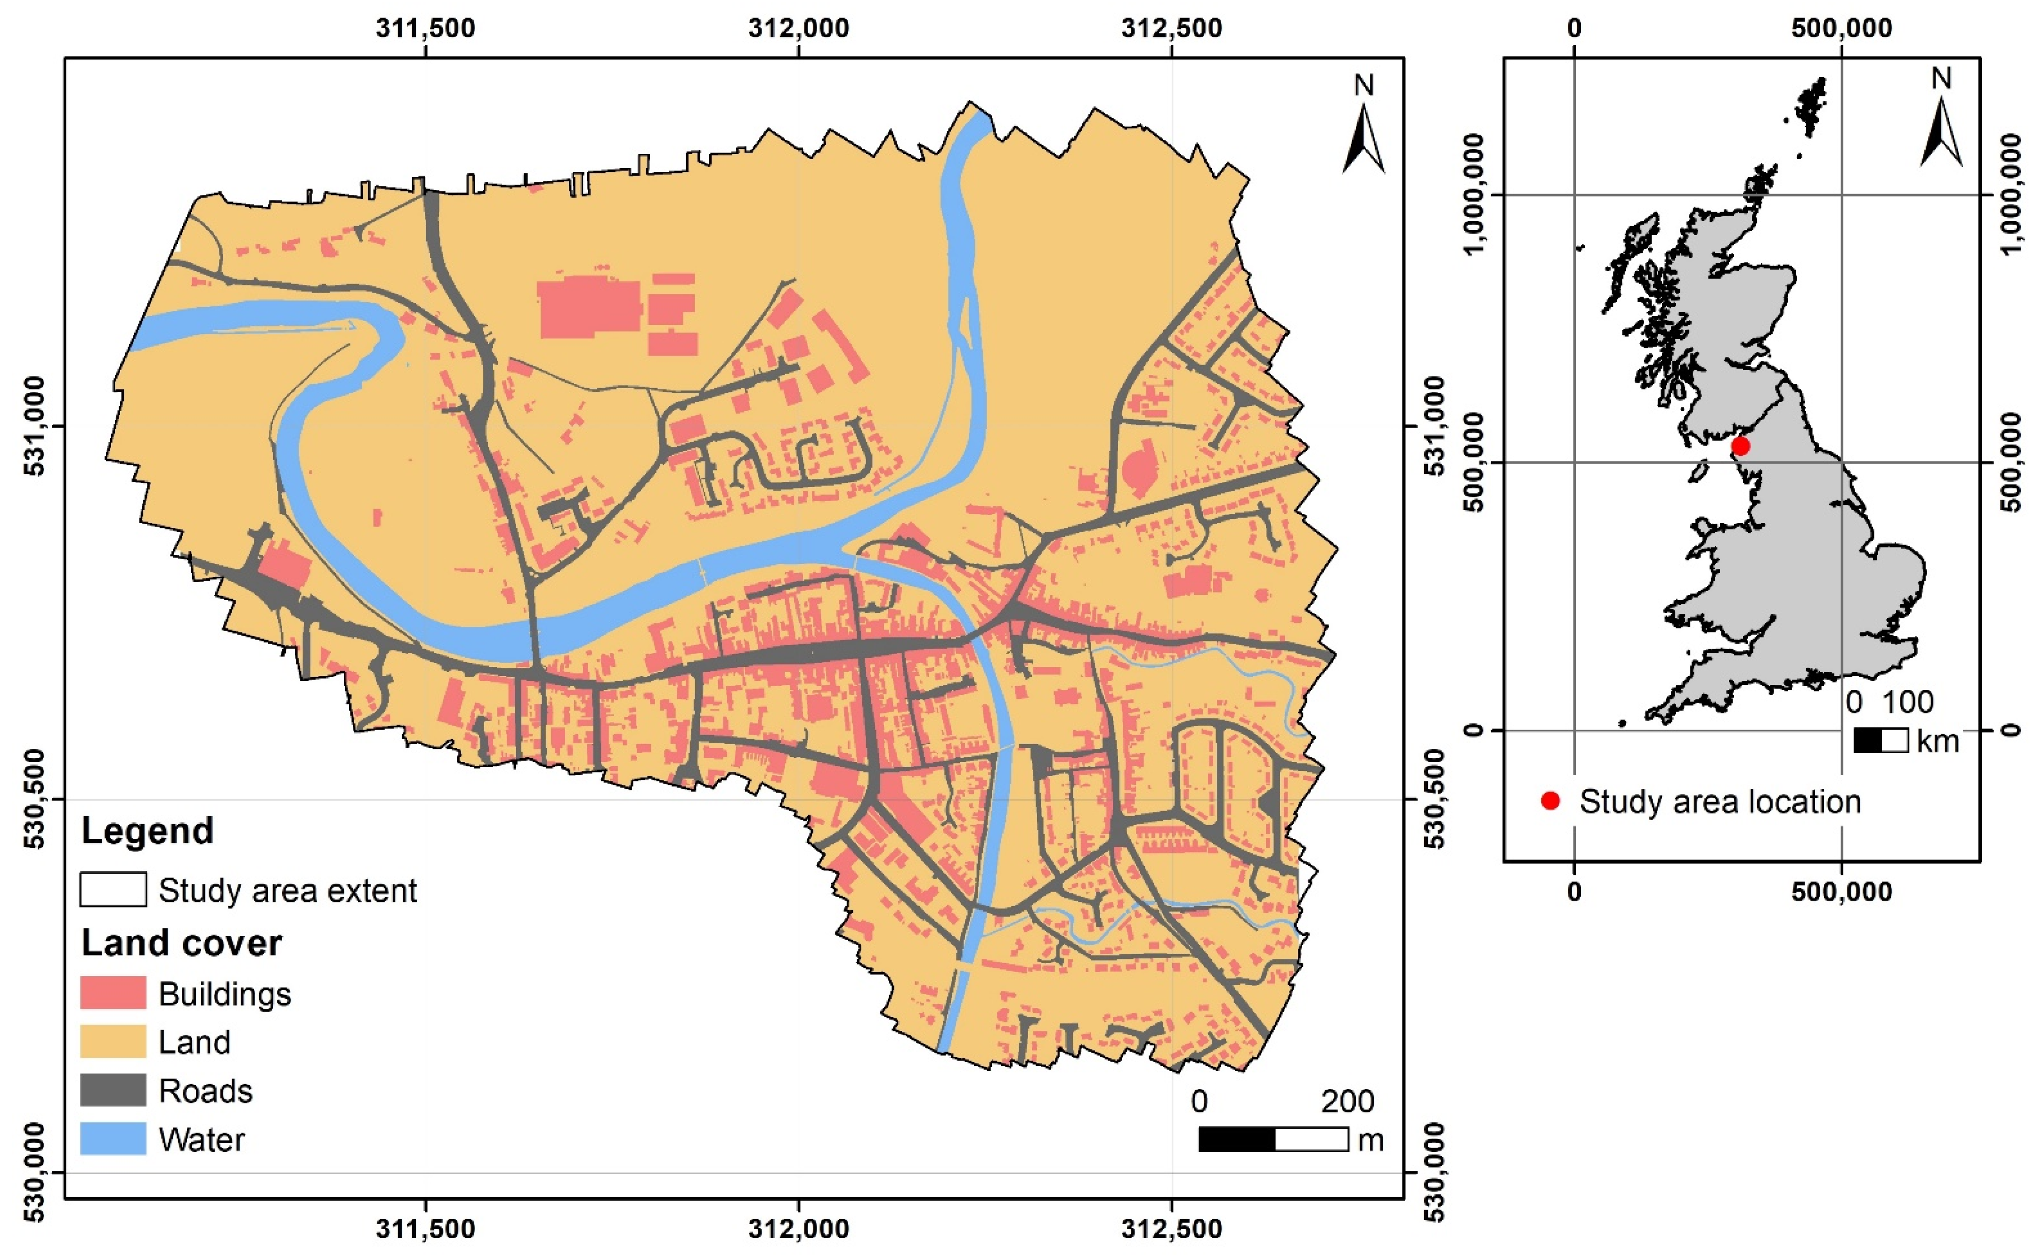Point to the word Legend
pyautogui.click(x=147, y=830)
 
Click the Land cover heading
pyautogui.click(x=181, y=943)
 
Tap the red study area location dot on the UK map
pyautogui.click(x=1740, y=446)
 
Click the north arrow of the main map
pyautogui.click(x=1363, y=133)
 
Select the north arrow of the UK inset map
pyautogui.click(x=1941, y=125)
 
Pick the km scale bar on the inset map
pyautogui.click(x=1880, y=740)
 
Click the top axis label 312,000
pyautogui.click(x=799, y=28)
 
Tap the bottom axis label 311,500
pyautogui.click(x=426, y=1229)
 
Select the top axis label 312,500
pyautogui.click(x=1171, y=28)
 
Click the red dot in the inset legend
pyautogui.click(x=1550, y=801)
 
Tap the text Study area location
pyautogui.click(x=1719, y=802)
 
